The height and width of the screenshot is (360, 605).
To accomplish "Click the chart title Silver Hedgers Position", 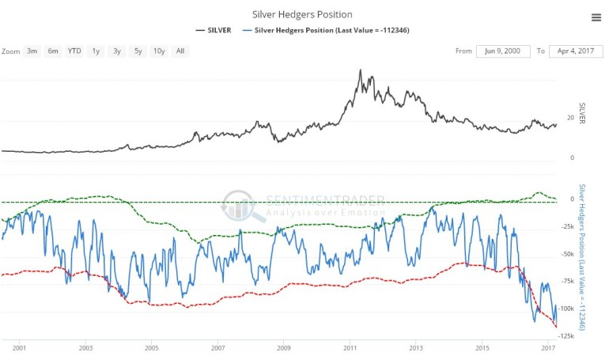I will click(302, 14).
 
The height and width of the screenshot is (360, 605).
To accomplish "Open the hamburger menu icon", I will click(596, 17).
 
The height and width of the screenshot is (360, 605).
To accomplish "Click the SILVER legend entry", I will click(214, 30).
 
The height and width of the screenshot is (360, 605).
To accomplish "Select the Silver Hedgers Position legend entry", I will click(331, 30).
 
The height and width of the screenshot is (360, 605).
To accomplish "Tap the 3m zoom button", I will click(32, 51).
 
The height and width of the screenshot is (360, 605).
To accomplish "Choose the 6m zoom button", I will click(53, 51).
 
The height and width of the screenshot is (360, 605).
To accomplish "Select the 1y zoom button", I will click(96, 51).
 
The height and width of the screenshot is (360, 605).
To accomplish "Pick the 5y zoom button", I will click(138, 51).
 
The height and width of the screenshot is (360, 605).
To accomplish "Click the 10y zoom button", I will click(159, 51).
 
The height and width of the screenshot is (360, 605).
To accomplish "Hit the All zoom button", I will click(180, 51).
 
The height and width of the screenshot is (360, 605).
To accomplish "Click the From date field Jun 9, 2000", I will click(503, 51).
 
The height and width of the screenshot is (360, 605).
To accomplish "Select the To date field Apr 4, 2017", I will click(577, 51).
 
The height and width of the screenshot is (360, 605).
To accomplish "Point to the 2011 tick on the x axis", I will click(350, 347).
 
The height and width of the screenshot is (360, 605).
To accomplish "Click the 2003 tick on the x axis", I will click(85, 347).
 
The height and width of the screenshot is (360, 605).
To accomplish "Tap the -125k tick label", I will click(566, 335).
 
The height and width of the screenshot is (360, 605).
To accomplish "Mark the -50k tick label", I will click(566, 254).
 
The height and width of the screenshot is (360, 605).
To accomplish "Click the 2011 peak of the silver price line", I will click(360, 70).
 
